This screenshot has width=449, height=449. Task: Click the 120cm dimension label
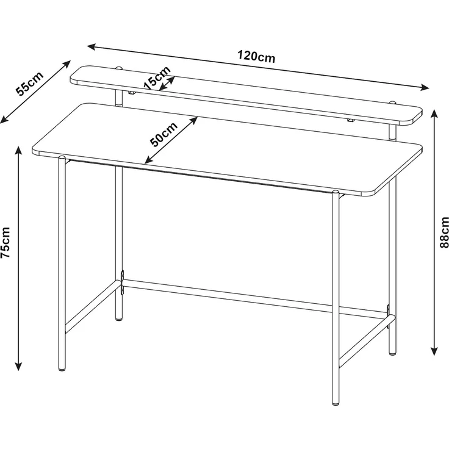point(256,57)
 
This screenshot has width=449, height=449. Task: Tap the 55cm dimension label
point(29,84)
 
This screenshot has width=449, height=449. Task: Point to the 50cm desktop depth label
point(163,134)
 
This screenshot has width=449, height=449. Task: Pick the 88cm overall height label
point(444,232)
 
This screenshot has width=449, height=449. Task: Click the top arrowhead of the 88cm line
point(434,113)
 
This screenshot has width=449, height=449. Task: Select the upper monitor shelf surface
point(244,95)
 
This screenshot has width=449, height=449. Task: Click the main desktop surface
point(226,146)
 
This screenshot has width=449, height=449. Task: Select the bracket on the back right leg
point(388,311)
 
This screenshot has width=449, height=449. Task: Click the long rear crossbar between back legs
point(256,299)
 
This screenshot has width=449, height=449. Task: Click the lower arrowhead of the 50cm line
point(147,162)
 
